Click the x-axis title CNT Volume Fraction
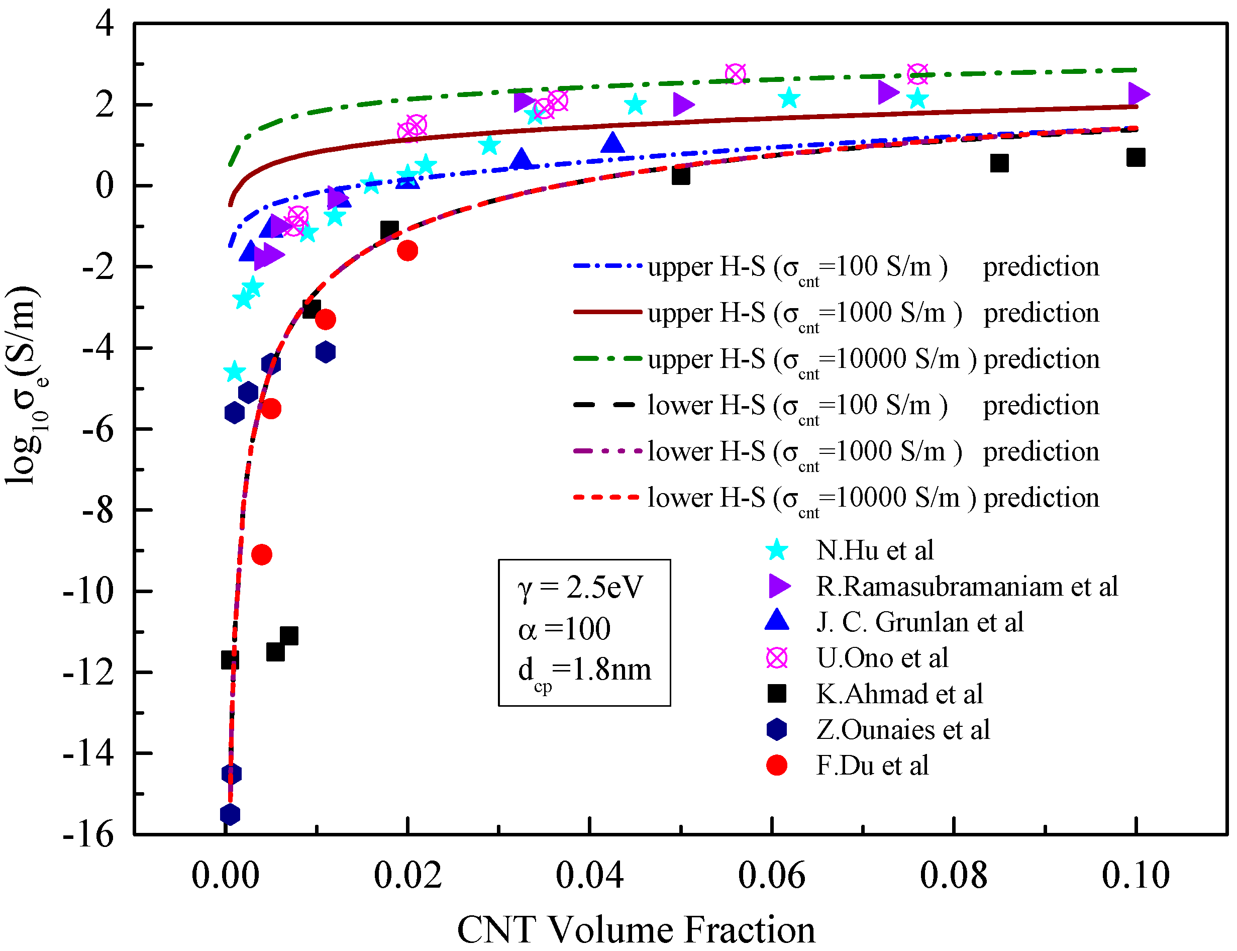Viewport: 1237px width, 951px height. click(x=636, y=929)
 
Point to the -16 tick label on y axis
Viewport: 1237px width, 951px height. click(x=88, y=834)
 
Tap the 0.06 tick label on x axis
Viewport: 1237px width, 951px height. click(x=771, y=875)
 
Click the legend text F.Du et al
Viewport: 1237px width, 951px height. click(x=872, y=766)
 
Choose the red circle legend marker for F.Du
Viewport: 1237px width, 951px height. click(x=777, y=766)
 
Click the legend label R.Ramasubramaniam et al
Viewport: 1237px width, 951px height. click(x=967, y=586)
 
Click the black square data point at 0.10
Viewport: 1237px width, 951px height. click(x=1135, y=157)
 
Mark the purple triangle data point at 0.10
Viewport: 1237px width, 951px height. click(x=1138, y=94)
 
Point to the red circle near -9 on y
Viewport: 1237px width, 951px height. click(x=261, y=554)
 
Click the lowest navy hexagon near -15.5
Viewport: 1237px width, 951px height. click(x=230, y=815)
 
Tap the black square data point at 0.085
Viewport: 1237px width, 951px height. click(x=999, y=163)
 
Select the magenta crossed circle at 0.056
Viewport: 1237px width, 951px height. click(x=735, y=73)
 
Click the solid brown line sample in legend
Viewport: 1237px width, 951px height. click(x=607, y=312)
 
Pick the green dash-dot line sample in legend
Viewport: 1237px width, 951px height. click(x=607, y=358)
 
